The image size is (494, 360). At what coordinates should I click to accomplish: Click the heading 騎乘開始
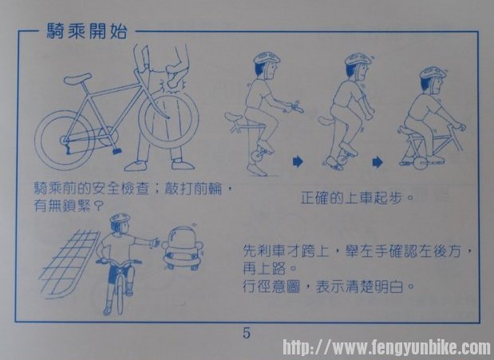tap(87, 31)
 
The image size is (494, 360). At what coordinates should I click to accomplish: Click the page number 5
tap(247, 333)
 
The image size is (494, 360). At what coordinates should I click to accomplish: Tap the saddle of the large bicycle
tap(77, 78)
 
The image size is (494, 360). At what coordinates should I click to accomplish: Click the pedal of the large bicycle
tap(117, 151)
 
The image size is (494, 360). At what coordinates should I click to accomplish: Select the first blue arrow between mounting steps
tap(298, 162)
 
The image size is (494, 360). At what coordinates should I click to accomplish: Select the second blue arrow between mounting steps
tap(377, 162)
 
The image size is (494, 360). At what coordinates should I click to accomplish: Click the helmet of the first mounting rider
tap(267, 58)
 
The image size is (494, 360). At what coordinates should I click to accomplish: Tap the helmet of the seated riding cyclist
tap(433, 73)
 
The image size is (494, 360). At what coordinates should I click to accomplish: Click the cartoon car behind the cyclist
tap(183, 248)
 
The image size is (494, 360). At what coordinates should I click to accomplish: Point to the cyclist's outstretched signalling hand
tap(155, 243)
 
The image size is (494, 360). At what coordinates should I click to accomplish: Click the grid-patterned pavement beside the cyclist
tap(68, 263)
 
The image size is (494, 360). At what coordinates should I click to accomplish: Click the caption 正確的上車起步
tap(357, 198)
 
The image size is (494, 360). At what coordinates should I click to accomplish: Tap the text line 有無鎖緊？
tap(69, 207)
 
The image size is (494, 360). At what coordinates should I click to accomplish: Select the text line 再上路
tap(270, 269)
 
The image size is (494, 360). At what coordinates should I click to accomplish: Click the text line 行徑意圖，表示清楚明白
tap(328, 287)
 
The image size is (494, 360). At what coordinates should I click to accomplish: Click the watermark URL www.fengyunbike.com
tap(386, 347)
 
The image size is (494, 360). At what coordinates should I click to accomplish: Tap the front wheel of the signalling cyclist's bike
tap(119, 291)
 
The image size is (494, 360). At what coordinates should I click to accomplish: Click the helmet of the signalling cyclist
tap(120, 220)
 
